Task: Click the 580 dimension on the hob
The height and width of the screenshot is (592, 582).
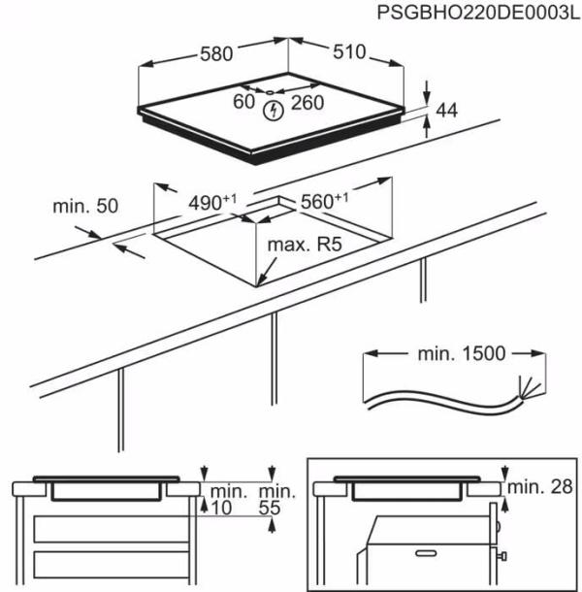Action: pyautogui.click(x=215, y=54)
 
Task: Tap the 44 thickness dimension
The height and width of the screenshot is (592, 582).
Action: pyautogui.click(x=445, y=111)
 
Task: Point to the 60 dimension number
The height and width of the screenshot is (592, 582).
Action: pyautogui.click(x=243, y=102)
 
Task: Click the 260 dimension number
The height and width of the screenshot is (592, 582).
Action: pyautogui.click(x=307, y=102)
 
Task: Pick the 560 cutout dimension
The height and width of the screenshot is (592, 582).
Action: pyautogui.click(x=324, y=202)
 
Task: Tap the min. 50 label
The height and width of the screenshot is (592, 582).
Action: pyautogui.click(x=85, y=206)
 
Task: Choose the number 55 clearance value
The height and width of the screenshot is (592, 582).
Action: pyautogui.click(x=275, y=508)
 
